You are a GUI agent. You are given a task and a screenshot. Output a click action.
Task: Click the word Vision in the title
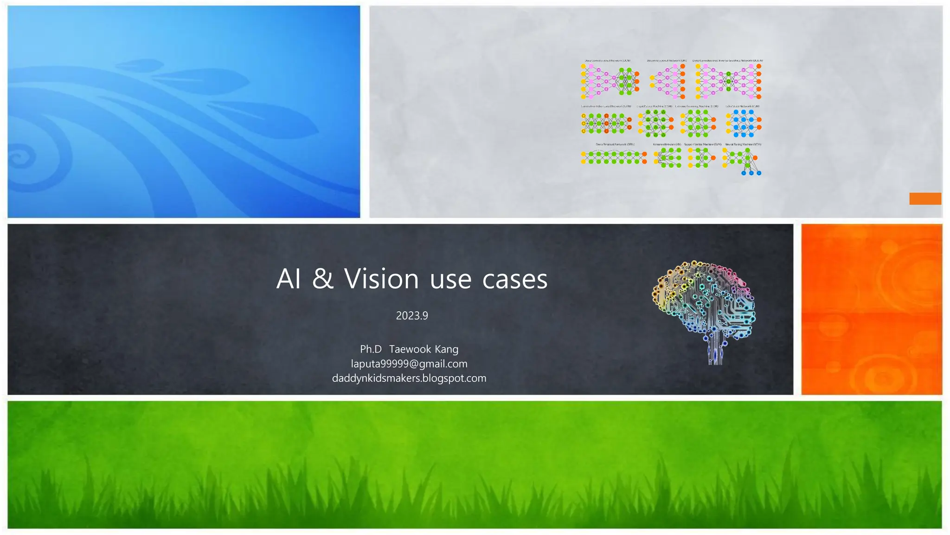tap(381, 279)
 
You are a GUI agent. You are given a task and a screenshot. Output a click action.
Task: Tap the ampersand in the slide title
tap(323, 279)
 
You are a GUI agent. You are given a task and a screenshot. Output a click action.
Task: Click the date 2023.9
tap(412, 316)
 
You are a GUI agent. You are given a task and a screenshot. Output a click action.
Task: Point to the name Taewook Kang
tap(424, 349)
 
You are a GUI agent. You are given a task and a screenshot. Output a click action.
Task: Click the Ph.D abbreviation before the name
tap(371, 349)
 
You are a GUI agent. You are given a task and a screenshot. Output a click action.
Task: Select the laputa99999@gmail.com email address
tap(409, 364)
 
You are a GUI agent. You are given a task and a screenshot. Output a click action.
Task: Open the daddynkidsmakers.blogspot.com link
tap(409, 378)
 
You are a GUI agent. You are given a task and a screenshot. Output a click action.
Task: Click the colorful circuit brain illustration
tap(705, 309)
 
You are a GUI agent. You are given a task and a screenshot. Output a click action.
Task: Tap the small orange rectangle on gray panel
tap(925, 199)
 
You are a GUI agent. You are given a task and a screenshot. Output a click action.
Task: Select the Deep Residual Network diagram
tap(613, 157)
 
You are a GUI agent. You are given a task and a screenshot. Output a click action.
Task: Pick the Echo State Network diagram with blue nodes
tap(744, 123)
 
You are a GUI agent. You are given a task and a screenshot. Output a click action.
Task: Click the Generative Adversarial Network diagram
tap(606, 123)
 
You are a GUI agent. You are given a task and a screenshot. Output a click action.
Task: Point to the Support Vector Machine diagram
tap(701, 158)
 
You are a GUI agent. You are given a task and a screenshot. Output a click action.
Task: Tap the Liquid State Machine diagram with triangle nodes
tap(655, 123)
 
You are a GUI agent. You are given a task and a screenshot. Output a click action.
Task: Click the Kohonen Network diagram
tap(667, 158)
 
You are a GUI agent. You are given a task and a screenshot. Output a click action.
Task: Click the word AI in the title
tap(289, 279)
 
